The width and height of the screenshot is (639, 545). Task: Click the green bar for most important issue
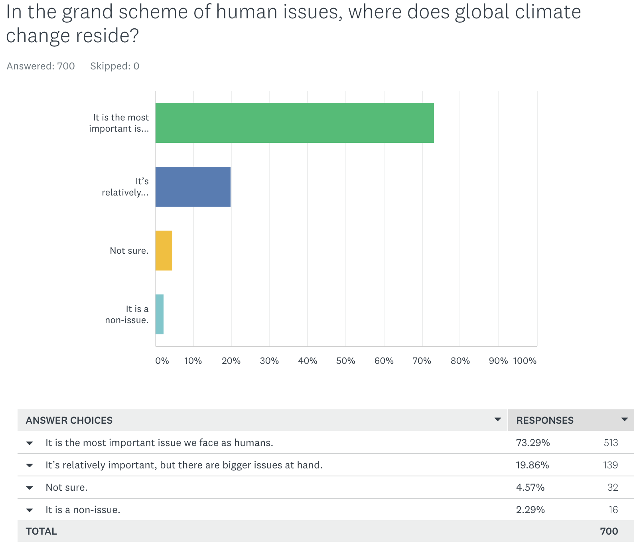point(294,123)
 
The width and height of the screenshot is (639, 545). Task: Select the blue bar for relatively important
point(193,187)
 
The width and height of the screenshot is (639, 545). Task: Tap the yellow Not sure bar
point(164,251)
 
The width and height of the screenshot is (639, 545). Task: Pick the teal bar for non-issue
point(159,314)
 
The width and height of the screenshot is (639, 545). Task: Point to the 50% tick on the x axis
point(345,361)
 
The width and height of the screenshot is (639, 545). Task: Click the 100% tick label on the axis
point(525,361)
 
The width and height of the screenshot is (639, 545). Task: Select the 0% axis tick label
point(162,361)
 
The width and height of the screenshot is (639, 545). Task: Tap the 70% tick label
point(422,361)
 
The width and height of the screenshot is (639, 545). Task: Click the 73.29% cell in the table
point(533,443)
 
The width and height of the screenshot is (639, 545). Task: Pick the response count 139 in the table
point(610,465)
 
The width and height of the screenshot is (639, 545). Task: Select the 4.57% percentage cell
point(530,488)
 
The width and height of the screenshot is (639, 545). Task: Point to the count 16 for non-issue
point(613,510)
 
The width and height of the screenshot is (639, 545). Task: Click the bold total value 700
point(609,531)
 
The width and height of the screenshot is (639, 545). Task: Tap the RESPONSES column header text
point(544,421)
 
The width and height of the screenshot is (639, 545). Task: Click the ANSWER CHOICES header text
point(69,421)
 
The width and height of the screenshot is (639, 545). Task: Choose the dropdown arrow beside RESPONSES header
point(625,419)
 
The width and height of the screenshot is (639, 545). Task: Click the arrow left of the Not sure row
point(30,488)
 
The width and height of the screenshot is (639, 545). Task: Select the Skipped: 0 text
point(114,66)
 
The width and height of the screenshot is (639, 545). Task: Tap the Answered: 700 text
point(41,66)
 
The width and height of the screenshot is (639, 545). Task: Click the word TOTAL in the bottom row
point(41,531)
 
